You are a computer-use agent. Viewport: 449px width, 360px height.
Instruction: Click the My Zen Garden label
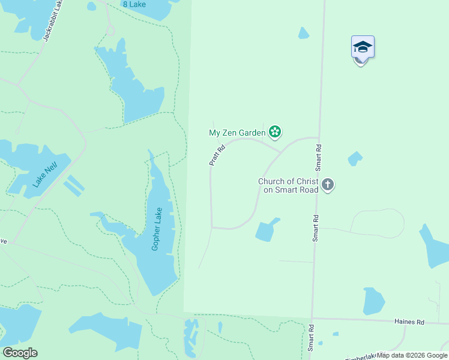point(237,133)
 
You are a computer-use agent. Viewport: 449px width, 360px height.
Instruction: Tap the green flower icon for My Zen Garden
point(275,131)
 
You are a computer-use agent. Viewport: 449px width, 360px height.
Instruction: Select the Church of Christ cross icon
point(328,185)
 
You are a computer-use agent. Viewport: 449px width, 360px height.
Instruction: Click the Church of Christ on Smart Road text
point(289,185)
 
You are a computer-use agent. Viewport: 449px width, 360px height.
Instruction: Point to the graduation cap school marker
point(363,47)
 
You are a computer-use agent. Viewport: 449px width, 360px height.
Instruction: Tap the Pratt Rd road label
point(217,155)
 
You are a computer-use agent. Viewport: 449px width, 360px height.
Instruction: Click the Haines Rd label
point(409,322)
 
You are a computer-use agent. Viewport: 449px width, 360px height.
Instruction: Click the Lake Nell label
point(45,174)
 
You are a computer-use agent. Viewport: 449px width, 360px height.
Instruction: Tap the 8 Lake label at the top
point(133,4)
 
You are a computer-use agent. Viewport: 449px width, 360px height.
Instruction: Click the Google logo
point(20,353)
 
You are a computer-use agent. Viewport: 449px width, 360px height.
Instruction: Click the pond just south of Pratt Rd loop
point(267,230)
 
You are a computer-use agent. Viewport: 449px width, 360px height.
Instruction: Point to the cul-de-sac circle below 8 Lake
point(109,30)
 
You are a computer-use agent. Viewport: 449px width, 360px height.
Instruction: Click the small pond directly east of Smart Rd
point(355,158)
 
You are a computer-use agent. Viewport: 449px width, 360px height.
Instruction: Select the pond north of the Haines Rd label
point(373,301)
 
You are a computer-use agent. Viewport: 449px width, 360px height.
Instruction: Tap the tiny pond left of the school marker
point(304,33)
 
